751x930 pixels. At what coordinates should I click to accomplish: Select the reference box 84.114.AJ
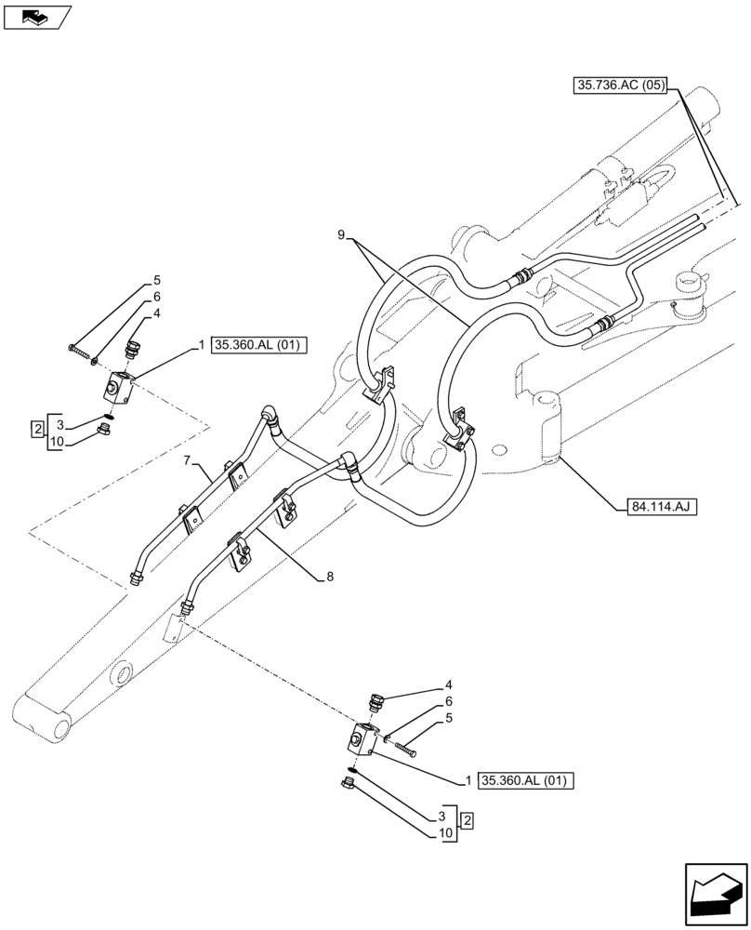655,506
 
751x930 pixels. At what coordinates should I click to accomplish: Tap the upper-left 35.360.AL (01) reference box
258,345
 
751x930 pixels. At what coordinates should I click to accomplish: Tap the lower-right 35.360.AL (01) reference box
526,780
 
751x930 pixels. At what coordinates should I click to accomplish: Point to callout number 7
187,460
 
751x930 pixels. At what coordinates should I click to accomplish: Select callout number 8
329,577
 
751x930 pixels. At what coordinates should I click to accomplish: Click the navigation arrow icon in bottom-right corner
715,894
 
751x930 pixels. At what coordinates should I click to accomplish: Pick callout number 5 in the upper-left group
157,280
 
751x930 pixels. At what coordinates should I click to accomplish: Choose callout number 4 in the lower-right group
448,684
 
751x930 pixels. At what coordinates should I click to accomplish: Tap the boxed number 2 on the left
37,429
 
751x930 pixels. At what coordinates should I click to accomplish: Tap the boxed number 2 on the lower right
468,819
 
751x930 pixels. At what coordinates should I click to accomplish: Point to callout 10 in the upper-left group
57,442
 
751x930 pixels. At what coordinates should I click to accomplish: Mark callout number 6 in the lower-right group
448,700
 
